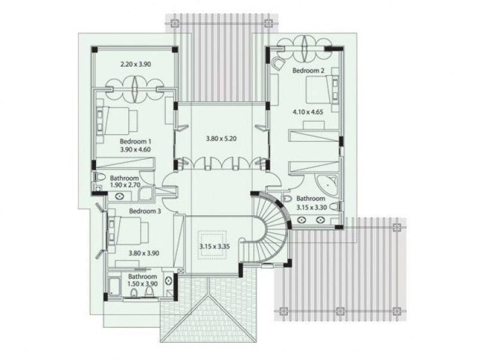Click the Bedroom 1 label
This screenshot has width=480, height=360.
click(135, 142)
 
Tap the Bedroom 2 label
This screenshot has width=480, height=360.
click(308, 70)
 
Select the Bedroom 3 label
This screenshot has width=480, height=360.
click(145, 211)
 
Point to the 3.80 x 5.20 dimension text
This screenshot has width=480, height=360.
click(221, 139)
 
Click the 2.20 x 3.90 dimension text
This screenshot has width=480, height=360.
click(135, 64)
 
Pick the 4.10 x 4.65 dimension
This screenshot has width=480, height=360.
click(308, 112)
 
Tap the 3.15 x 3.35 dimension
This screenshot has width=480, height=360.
click(215, 246)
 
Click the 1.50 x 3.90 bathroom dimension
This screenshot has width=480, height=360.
click(143, 284)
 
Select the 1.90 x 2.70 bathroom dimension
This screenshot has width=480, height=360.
click(125, 185)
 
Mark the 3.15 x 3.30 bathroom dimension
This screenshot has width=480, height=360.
click(312, 207)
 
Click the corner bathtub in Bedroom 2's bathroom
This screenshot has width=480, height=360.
click(326, 185)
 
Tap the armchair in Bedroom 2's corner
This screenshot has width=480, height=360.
click(278, 64)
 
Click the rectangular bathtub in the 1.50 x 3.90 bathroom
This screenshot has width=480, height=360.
click(114, 287)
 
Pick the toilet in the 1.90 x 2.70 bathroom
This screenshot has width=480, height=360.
click(100, 177)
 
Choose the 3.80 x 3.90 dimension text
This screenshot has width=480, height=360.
click(144, 253)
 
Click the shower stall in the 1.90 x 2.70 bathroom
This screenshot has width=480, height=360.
click(145, 194)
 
